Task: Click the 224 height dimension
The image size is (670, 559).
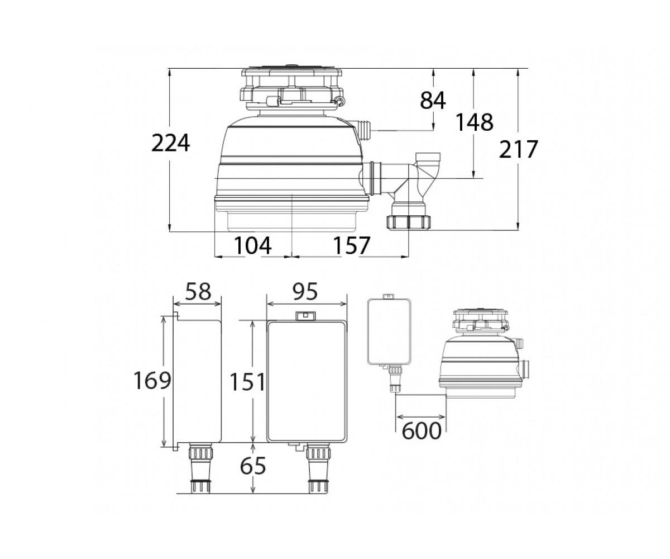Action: [170, 143]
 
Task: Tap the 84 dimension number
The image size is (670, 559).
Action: [433, 100]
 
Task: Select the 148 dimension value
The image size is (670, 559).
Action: [474, 122]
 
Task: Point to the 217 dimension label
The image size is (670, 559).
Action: [518, 149]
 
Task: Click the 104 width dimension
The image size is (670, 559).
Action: [253, 245]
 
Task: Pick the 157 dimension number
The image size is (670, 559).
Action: [352, 245]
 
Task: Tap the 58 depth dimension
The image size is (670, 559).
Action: [198, 291]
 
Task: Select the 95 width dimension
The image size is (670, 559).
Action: [305, 291]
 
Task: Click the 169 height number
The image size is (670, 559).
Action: [152, 380]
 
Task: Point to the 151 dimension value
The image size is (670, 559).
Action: [248, 382]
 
